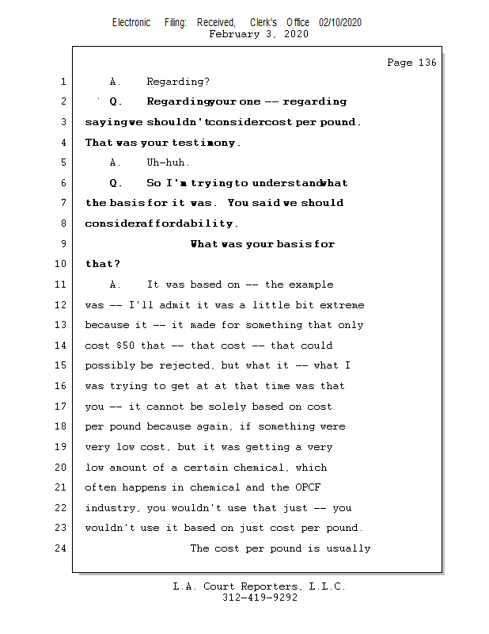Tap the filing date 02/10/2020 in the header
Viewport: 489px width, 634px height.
pyautogui.click(x=340, y=23)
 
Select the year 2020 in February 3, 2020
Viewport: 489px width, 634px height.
pyautogui.click(x=294, y=34)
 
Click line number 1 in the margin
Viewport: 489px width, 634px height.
pyautogui.click(x=63, y=82)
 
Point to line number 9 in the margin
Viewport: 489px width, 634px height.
pyautogui.click(x=63, y=244)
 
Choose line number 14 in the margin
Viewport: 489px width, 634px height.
pyautogui.click(x=61, y=346)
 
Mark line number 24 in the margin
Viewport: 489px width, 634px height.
pyautogui.click(x=61, y=548)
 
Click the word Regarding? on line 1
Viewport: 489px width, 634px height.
pyautogui.click(x=178, y=82)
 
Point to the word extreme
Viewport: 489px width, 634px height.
pyautogui.click(x=343, y=305)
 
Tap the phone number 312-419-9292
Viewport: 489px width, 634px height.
pyautogui.click(x=260, y=598)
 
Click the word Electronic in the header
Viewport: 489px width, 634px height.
pyautogui.click(x=131, y=23)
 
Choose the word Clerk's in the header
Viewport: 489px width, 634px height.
pyautogui.click(x=263, y=23)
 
